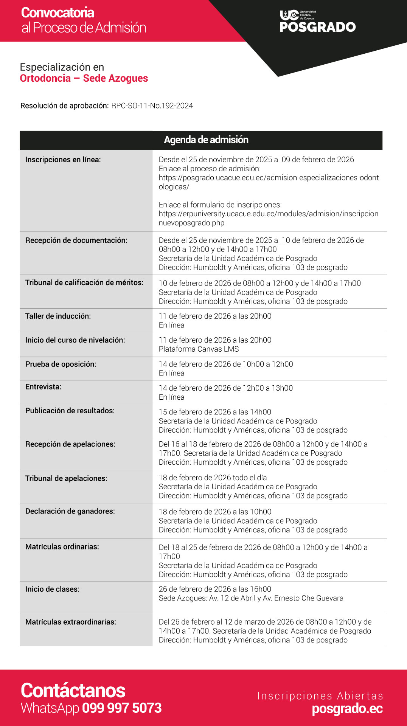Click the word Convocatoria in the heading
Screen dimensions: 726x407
[x=57, y=13]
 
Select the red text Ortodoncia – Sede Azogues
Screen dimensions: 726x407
[x=84, y=78]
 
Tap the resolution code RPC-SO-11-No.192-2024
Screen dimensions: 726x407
[x=152, y=106]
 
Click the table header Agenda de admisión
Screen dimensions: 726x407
[x=206, y=140]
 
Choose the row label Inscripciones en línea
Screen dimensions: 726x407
[x=63, y=160]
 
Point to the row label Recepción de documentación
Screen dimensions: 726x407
[x=76, y=240]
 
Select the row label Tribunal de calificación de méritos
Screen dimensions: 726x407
[x=84, y=282]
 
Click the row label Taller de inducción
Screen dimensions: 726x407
[x=58, y=316]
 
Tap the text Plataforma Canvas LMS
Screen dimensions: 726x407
[x=199, y=349]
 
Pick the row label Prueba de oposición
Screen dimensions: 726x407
[x=61, y=364]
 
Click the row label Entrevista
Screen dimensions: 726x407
[x=43, y=387]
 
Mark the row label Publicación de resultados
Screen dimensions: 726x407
[x=70, y=411]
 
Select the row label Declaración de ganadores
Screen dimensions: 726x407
[x=70, y=511]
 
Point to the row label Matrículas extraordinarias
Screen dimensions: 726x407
[x=70, y=622]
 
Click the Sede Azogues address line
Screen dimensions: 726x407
[x=251, y=598]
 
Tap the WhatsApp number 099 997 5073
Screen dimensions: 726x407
[x=122, y=708]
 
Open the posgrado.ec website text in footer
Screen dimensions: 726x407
[x=347, y=709]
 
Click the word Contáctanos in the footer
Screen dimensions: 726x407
[x=73, y=690]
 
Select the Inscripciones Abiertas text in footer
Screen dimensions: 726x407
[x=320, y=696]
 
